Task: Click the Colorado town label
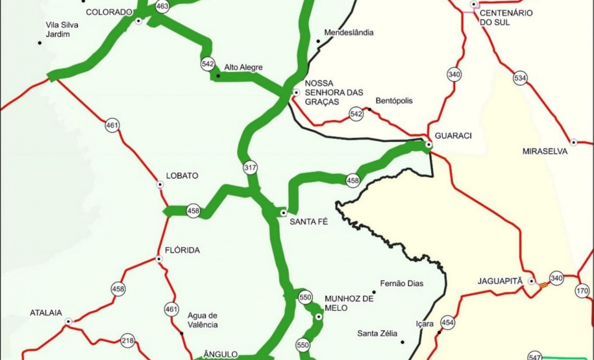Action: [x=109, y=12]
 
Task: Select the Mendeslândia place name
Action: [x=349, y=32]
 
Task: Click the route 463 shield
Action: [x=162, y=6]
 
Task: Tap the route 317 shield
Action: [x=250, y=167]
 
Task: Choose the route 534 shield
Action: [x=520, y=78]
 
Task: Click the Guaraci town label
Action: [x=453, y=136]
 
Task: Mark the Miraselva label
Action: [x=545, y=151]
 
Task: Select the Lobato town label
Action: [x=182, y=176]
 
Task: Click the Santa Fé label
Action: [x=308, y=221]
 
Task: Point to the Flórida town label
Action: [x=183, y=250]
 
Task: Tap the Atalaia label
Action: [x=46, y=313]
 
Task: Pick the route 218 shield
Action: [x=127, y=341]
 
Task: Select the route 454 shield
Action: [x=447, y=322]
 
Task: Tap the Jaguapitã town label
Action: [x=500, y=281]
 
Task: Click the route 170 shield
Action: [x=582, y=291]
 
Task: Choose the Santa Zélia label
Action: [x=377, y=333]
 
